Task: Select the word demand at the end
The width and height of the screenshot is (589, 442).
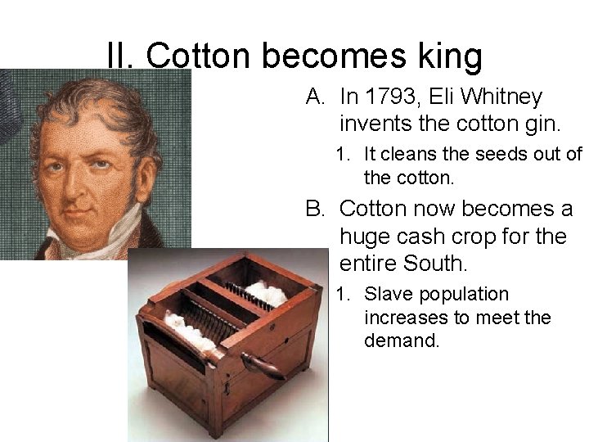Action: pos(401,341)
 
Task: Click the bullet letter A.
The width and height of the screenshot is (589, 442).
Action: pos(315,97)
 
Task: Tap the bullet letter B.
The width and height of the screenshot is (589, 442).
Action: pos(315,209)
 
